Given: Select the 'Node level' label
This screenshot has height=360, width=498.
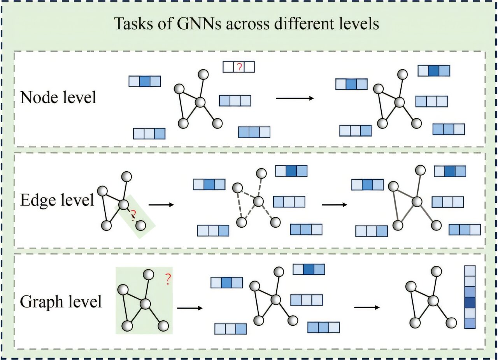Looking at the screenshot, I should coord(58,97).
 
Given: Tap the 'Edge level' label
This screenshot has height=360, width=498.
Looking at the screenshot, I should coord(57,200).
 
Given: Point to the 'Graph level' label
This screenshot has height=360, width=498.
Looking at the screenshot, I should coord(61,302).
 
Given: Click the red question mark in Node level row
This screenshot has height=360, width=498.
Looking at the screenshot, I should coord(239,67).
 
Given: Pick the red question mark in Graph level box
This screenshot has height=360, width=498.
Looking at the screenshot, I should coord(168,279).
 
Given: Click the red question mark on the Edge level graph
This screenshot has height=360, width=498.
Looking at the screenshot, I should coord(133,214).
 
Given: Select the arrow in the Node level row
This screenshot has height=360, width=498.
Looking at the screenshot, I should coord(295,98).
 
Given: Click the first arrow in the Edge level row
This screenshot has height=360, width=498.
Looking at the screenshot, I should coord(161,204).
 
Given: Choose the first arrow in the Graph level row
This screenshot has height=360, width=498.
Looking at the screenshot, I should coord(190,308).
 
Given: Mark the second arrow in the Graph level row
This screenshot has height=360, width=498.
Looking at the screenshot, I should coord(366,307).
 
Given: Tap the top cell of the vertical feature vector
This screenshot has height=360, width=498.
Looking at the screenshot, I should coord(470,271).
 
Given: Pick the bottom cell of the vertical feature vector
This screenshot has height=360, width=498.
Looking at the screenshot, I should coord(470,323).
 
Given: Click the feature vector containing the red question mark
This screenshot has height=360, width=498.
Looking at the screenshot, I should coord(238,67).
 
